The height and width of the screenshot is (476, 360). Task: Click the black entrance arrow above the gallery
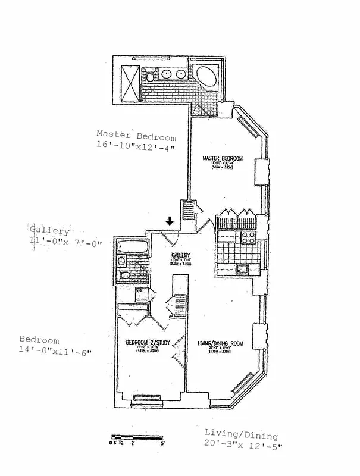pyautogui.click(x=170, y=221)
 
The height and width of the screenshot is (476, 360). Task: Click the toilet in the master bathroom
pyautogui.click(x=151, y=76)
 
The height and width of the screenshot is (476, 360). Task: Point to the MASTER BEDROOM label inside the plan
pyautogui.click(x=223, y=158)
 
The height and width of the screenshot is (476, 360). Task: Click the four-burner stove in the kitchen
pyautogui.click(x=248, y=237)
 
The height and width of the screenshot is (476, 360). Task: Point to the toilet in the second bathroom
pyautogui.click(x=124, y=275)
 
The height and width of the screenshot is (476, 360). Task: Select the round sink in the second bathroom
pyautogui.click(x=121, y=261)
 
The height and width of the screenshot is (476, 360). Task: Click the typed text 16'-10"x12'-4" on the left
pyautogui.click(x=136, y=145)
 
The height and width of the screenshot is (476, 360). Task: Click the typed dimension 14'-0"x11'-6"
pyautogui.click(x=55, y=351)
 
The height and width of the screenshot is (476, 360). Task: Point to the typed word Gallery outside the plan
pyautogui.click(x=49, y=230)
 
